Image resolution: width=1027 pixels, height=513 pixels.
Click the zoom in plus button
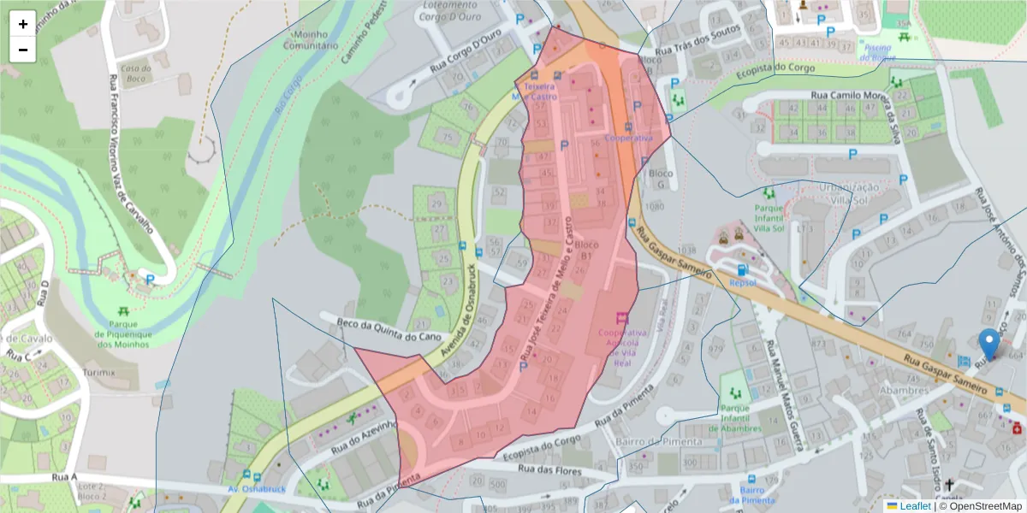[x=23, y=24]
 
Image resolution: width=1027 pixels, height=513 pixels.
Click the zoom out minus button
[x=23, y=50]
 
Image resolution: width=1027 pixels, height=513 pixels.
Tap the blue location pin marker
[x=989, y=344]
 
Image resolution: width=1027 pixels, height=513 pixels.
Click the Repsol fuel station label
[x=742, y=281]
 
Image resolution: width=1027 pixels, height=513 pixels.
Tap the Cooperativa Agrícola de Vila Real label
[x=622, y=346]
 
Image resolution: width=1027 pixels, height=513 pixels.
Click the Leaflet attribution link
[x=914, y=506]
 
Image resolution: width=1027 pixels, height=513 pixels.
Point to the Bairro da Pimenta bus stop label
[x=751, y=495]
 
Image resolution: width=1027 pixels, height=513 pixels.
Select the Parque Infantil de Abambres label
[x=735, y=419]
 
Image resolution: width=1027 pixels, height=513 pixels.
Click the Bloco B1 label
[x=587, y=250]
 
